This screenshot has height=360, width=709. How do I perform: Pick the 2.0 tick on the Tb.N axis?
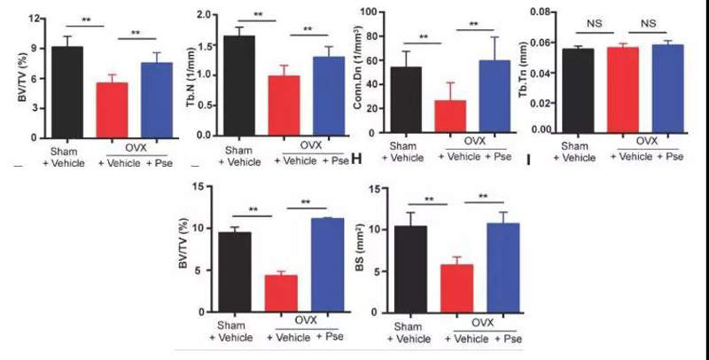pyautogui.click(x=206, y=16)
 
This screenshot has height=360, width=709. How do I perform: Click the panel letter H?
pyautogui.click(x=358, y=160)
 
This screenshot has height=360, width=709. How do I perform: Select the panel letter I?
pyautogui.click(x=529, y=161)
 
